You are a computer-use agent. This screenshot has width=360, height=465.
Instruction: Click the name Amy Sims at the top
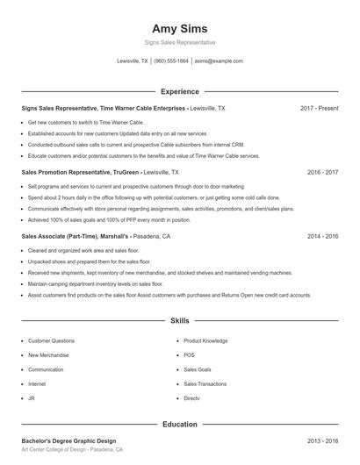coord(179,28)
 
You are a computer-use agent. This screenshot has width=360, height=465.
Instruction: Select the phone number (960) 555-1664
coord(171,61)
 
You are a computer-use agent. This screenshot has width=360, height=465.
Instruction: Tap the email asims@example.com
coord(219,61)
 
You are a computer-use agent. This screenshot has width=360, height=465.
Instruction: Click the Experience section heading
coord(179,91)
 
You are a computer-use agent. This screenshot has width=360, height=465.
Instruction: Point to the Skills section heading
coord(179,322)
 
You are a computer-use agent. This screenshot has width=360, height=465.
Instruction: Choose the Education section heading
coord(179,425)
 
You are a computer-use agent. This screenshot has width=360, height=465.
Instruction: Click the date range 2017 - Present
coord(319,108)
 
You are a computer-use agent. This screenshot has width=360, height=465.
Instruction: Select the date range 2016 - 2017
coord(322,173)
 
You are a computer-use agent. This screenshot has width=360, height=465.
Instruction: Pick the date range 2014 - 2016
coord(322,237)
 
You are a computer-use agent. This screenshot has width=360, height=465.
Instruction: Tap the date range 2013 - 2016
coord(322,440)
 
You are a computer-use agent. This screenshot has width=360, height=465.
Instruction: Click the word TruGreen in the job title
coord(125,173)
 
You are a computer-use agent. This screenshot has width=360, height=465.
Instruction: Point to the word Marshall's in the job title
coord(115,237)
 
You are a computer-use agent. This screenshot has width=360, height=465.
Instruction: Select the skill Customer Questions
coord(52,340)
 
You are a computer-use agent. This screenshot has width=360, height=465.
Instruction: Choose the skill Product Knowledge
coord(205,340)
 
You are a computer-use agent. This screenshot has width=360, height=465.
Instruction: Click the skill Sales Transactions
coord(205,383)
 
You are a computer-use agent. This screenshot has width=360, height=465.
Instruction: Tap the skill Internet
coord(37,383)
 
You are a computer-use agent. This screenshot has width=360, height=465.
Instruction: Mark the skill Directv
coord(192,398)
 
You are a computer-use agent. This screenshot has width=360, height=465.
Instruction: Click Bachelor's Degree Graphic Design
coord(68,440)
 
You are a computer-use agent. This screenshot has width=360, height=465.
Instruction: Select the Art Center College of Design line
coord(72,449)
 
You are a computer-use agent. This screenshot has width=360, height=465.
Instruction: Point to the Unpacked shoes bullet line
coord(77,262)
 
